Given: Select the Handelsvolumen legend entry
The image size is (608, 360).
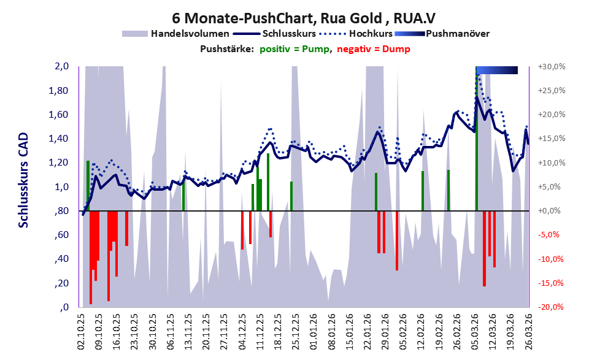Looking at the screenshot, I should pyautogui.click(x=190, y=33).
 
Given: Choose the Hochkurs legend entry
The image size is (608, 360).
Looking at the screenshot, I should pyautogui.click(x=366, y=33).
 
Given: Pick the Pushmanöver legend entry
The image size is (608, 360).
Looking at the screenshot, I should pyautogui.click(x=457, y=33).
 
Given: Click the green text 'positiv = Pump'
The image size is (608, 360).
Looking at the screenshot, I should pyautogui.click(x=296, y=48).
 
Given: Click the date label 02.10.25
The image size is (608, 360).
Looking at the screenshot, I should pyautogui.click(x=81, y=332).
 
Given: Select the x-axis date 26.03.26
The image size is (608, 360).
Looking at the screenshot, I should pyautogui.click(x=528, y=332).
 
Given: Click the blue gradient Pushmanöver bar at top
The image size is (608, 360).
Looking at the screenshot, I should pyautogui.click(x=497, y=70).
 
